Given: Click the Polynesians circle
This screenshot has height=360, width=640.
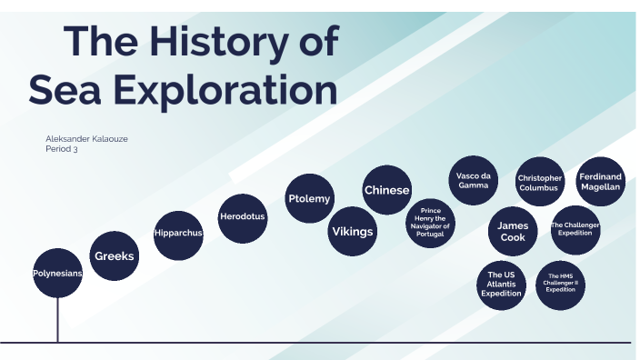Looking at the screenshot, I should (x=58, y=273).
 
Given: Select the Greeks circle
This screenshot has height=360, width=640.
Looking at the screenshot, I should (x=115, y=256).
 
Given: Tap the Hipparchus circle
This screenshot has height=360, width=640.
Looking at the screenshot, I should (x=177, y=233).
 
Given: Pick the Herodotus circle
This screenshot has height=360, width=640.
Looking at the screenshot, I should (x=243, y=216).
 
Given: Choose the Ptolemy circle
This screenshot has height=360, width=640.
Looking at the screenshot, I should (x=309, y=198).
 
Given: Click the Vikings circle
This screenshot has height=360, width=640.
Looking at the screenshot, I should (x=352, y=231).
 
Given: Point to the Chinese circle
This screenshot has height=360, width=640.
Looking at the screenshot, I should (x=387, y=190).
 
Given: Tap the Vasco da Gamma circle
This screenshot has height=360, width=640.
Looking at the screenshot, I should (x=474, y=180).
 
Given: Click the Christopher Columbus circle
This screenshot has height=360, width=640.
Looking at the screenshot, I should (x=540, y=183).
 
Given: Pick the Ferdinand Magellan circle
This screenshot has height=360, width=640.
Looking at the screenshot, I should (x=600, y=181).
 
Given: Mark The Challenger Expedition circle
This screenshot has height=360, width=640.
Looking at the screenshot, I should (x=575, y=228).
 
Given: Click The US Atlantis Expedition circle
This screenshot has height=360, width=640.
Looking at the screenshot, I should (x=503, y=284).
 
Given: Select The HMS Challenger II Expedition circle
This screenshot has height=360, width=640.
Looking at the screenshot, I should (x=561, y=284).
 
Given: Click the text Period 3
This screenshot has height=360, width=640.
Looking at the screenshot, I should (x=62, y=149).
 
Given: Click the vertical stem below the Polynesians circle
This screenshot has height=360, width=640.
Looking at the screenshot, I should (x=58, y=320).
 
